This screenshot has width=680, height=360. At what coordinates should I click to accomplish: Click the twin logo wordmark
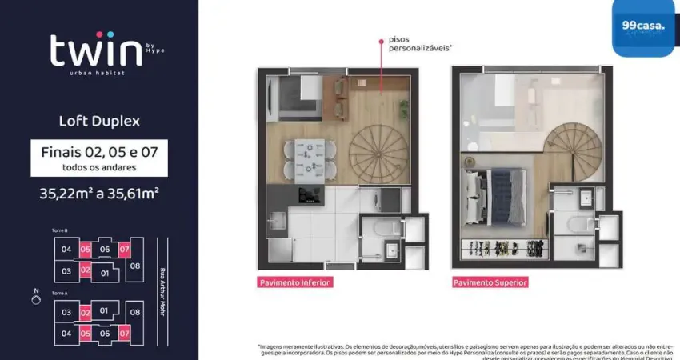click(x=97, y=51)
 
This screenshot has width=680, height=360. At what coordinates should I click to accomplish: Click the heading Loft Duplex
click(x=99, y=122)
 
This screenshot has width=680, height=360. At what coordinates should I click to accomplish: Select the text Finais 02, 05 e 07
click(x=99, y=151)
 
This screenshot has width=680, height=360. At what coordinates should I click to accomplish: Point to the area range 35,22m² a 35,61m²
click(x=99, y=192)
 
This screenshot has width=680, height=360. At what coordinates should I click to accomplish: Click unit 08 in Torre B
click(x=134, y=265)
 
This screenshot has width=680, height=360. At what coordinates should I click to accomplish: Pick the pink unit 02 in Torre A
click(x=85, y=311)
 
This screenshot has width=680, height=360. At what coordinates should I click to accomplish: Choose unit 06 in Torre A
click(x=105, y=333)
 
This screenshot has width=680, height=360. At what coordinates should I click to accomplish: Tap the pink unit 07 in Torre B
click(x=124, y=250)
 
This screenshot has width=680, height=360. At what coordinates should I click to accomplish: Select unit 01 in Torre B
click(x=104, y=273)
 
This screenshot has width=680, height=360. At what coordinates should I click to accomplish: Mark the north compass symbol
click(x=35, y=300)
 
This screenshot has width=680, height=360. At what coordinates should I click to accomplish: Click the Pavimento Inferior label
click(x=294, y=282)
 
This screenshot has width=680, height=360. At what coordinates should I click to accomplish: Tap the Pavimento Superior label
click(x=490, y=282)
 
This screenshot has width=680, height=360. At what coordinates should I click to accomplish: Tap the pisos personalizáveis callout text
click(x=419, y=43)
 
